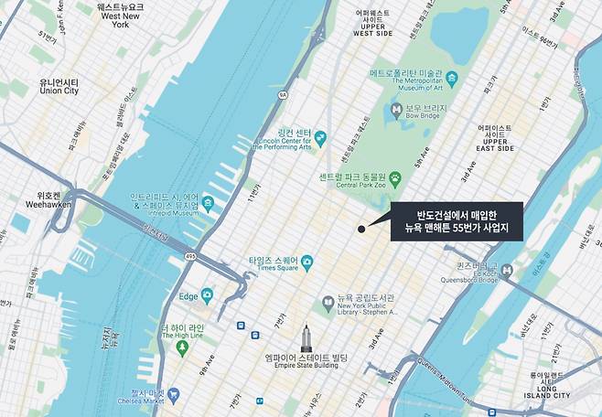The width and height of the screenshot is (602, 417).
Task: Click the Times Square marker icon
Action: (x=307, y=262)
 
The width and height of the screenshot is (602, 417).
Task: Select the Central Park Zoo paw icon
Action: (x=394, y=177)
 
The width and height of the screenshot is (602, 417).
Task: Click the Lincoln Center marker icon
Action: (x=321, y=136)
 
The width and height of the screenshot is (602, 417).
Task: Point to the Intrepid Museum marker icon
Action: (x=208, y=202)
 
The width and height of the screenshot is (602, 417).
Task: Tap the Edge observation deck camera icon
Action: (x=208, y=295)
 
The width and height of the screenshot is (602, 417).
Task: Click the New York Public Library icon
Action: (x=328, y=304)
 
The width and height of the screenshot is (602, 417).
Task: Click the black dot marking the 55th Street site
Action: (x=362, y=229)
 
